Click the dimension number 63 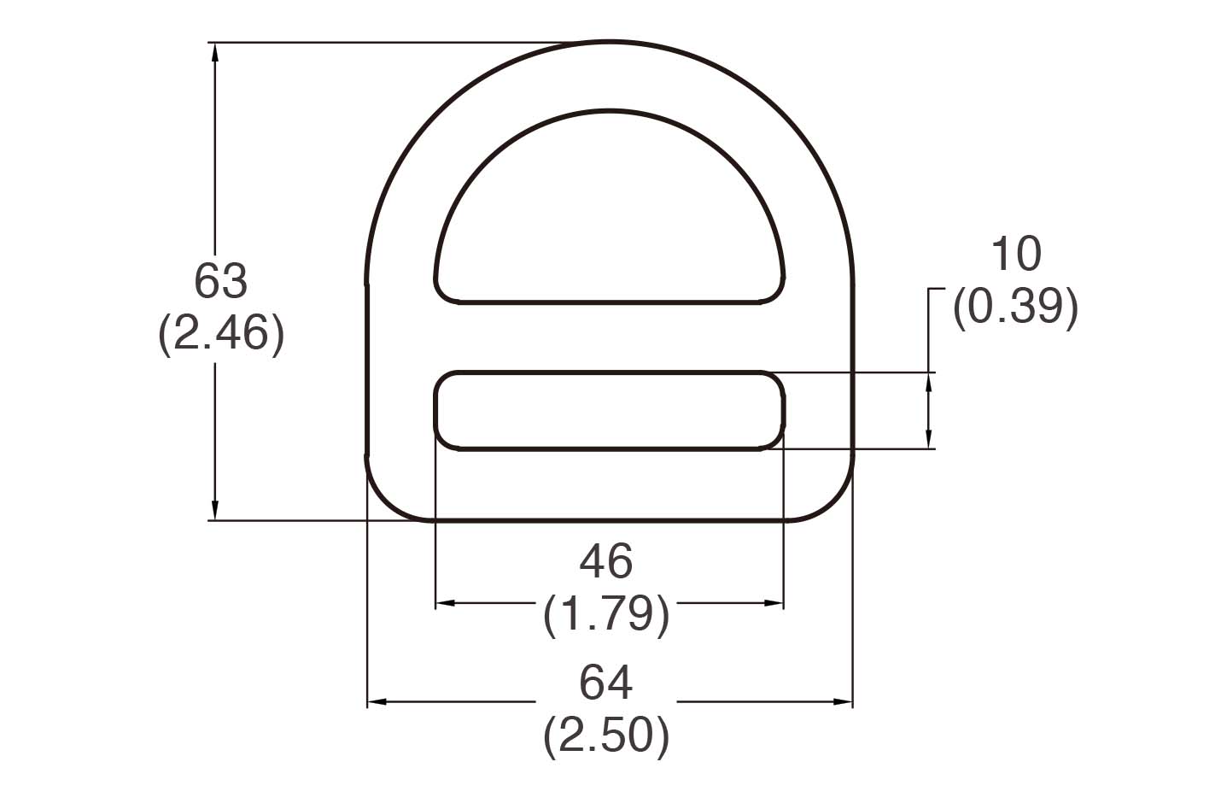(x=220, y=281)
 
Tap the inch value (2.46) (x=220, y=333)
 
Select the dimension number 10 (x=1015, y=255)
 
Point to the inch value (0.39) (x=1015, y=306)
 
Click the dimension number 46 (x=606, y=562)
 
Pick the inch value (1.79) (x=606, y=613)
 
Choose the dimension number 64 (x=606, y=683)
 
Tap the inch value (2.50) (x=606, y=735)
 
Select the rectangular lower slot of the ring (x=609, y=410)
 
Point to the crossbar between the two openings (x=609, y=337)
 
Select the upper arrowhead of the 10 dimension (x=928, y=382)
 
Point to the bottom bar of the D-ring (x=609, y=484)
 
